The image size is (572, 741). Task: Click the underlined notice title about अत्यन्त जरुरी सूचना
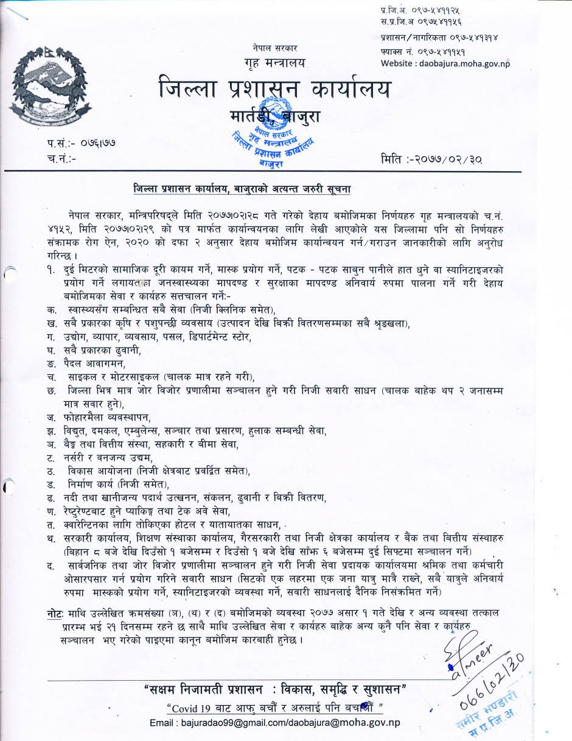point(242,190)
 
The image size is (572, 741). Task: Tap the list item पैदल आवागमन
point(94,363)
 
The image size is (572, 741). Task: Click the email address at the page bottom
point(274,723)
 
